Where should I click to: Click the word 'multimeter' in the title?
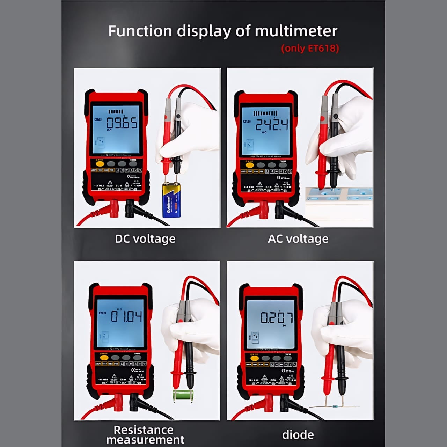(x=296, y=31)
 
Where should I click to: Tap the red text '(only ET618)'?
(x=310, y=48)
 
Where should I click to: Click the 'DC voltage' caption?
(x=145, y=239)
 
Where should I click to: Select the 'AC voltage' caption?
(x=298, y=239)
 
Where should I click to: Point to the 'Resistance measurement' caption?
(x=145, y=434)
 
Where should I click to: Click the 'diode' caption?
(x=298, y=435)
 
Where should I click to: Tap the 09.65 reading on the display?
(x=122, y=123)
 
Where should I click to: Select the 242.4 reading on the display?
(x=272, y=124)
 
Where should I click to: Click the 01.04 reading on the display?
(x=126, y=316)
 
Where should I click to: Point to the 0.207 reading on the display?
(x=277, y=317)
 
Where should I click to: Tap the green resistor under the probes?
(x=183, y=395)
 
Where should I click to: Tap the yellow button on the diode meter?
(x=254, y=358)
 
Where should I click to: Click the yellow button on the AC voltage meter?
(x=249, y=165)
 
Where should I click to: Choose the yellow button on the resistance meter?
(x=104, y=357)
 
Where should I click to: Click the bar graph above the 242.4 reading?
(x=265, y=113)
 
